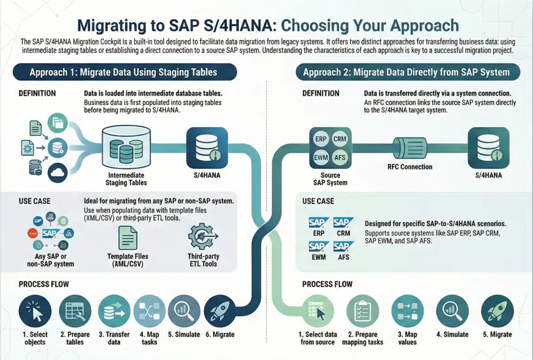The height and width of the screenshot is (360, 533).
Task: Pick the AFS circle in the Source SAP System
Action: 340,158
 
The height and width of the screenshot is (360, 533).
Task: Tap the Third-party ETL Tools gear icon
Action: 201,237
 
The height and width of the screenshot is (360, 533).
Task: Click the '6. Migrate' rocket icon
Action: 221,310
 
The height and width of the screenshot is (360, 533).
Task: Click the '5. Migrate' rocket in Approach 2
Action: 497,311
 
